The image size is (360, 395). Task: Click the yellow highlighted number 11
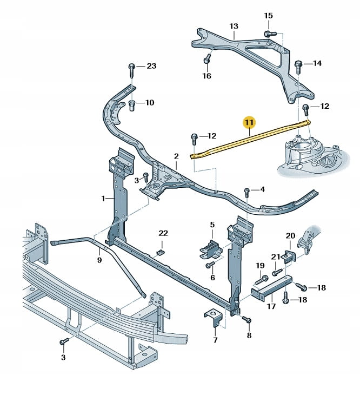(249, 124)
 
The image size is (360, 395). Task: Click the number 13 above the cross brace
(234, 25)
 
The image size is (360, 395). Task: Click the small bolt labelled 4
(246, 191)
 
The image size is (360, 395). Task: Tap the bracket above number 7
(214, 318)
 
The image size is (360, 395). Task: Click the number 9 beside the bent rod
(99, 260)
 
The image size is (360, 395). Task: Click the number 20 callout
(291, 235)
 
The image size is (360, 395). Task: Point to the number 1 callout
(103, 199)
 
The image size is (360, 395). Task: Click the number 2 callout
(176, 156)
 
